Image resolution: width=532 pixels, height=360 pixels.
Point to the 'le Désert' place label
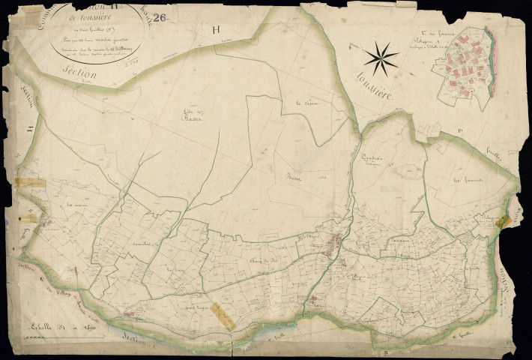click(x=308, y=103)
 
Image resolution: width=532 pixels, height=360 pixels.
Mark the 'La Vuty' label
click(x=175, y=268)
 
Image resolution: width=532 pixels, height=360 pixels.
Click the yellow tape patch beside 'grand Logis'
click(x=223, y=315)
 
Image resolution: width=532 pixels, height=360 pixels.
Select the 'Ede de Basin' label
click(x=198, y=116)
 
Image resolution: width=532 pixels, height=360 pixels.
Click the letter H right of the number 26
click(x=217, y=30)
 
